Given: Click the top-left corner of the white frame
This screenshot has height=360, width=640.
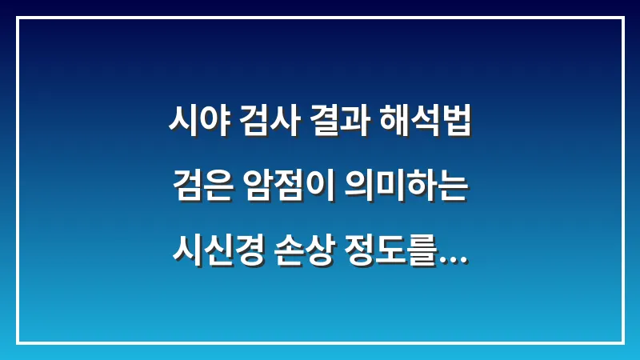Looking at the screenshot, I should [18, 18].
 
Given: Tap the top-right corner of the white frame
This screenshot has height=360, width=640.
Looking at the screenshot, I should [622, 18].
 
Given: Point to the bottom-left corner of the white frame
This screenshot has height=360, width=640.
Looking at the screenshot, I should [18, 342].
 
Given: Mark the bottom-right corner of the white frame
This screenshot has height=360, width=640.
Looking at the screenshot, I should [622, 342].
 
